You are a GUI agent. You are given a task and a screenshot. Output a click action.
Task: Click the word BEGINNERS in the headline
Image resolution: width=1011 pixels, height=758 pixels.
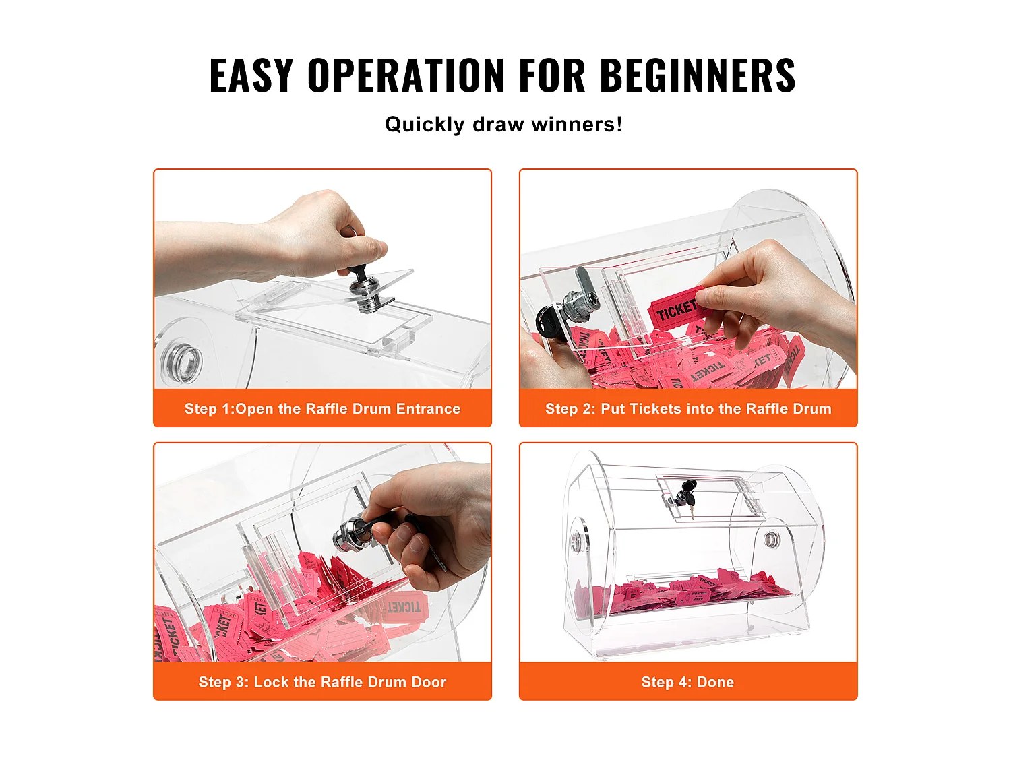(698, 75)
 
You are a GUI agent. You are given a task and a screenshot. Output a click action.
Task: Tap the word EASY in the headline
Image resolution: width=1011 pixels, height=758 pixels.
(251, 75)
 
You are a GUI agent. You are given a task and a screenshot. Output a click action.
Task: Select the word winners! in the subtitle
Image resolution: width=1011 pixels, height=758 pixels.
(576, 124)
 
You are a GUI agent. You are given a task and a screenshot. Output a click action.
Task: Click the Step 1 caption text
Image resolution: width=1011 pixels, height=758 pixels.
(322, 408)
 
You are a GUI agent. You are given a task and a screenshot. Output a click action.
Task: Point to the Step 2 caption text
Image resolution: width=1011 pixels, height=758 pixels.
(688, 408)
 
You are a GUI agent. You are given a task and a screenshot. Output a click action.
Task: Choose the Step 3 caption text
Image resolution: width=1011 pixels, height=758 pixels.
(322, 682)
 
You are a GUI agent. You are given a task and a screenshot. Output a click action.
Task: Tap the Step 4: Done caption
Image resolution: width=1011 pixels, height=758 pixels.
(687, 682)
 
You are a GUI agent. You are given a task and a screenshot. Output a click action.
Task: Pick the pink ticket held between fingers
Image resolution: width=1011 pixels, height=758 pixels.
(676, 309)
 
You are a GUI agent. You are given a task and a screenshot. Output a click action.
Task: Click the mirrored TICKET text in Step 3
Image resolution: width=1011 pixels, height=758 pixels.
(404, 607)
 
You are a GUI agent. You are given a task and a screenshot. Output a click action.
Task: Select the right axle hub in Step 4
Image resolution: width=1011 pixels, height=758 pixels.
(772, 540)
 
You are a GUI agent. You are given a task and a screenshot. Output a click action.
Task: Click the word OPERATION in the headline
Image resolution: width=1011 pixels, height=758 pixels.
(406, 75)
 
